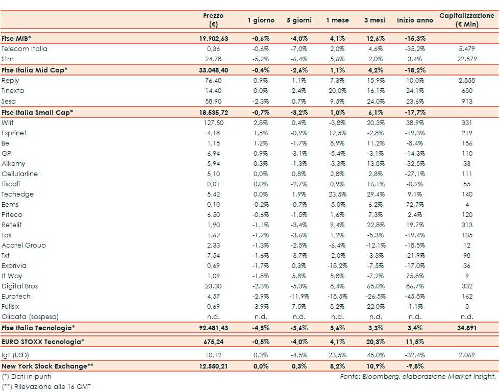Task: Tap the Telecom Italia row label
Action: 24,48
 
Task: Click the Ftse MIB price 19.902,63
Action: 213,38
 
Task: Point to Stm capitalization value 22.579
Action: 467,59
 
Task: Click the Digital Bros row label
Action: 20,286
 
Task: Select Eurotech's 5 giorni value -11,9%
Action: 298,297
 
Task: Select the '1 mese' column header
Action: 338,20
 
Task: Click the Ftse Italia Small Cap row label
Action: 37,112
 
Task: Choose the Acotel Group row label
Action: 23,246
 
